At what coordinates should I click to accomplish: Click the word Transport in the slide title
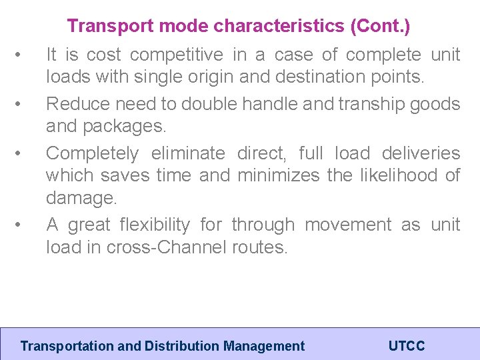[x=101, y=27]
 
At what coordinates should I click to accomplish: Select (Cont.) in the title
[x=377, y=27]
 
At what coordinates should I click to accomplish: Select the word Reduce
[x=74, y=104]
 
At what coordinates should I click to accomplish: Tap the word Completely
[x=92, y=153]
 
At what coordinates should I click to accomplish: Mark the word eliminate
[x=189, y=153]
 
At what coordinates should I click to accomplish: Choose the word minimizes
[x=279, y=175]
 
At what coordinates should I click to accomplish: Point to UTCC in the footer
[x=406, y=346]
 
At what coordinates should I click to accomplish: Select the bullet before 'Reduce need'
[x=24, y=104]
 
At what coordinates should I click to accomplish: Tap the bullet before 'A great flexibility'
[x=24, y=225]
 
